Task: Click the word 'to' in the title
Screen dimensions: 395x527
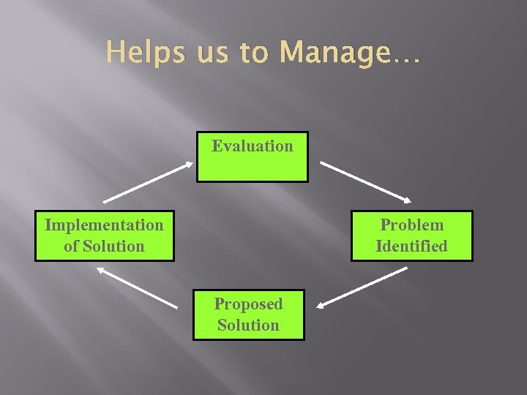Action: [244, 53]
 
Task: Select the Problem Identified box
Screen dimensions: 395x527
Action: [412, 236]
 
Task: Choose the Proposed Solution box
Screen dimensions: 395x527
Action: [248, 315]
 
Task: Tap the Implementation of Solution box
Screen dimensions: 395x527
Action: [104, 236]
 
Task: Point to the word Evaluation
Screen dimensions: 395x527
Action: [253, 146]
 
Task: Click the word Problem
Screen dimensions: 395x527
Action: [412, 225]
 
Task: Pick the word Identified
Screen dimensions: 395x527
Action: [411, 247]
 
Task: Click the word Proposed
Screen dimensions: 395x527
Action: [248, 304]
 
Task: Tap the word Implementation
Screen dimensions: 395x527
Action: [104, 225]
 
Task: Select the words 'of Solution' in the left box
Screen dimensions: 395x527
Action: [104, 247]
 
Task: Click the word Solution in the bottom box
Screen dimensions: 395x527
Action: [248, 326]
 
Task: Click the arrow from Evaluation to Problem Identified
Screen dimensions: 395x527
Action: [366, 181]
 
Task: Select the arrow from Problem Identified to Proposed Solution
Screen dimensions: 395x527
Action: [364, 286]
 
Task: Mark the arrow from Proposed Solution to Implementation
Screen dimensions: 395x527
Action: [136, 286]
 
